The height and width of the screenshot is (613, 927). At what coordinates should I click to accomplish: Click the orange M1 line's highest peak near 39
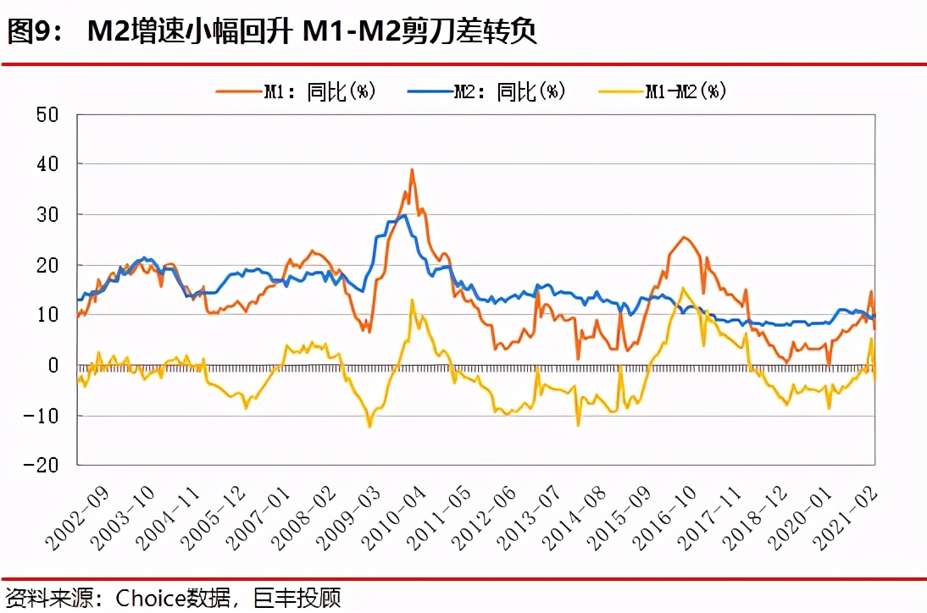point(412,169)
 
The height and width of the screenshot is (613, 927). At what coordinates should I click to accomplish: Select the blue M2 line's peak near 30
point(405,215)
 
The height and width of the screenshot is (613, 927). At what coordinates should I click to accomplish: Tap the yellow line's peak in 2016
point(682,289)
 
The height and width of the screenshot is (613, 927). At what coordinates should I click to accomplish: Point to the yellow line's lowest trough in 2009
point(369,427)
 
